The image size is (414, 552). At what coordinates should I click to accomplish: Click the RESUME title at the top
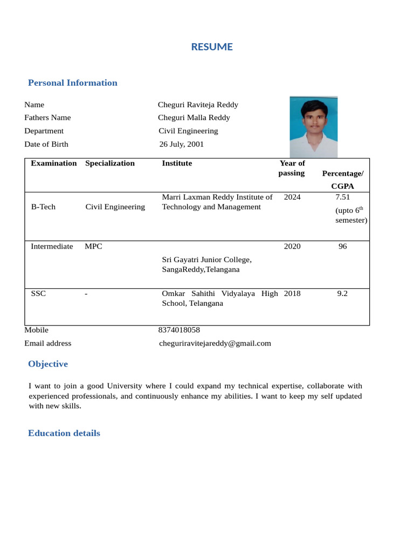pyautogui.click(x=212, y=47)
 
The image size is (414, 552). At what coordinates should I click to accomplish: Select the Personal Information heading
pyautogui.click(x=72, y=82)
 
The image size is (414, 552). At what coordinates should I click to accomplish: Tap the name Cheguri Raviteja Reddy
pyautogui.click(x=198, y=105)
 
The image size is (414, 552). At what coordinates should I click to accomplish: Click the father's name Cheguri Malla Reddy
pyautogui.click(x=194, y=118)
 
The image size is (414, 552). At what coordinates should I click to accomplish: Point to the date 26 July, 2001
pyautogui.click(x=181, y=144)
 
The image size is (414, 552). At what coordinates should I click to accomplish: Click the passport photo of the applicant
pyautogui.click(x=313, y=127)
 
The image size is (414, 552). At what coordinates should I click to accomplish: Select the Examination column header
pyautogui.click(x=53, y=163)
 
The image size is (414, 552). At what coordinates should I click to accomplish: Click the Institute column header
pyautogui.click(x=177, y=163)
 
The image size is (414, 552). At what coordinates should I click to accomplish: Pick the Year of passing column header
pyautogui.click(x=292, y=168)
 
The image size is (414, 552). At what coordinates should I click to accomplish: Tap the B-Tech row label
pyautogui.click(x=43, y=207)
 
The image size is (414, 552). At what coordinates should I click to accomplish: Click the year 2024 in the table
pyautogui.click(x=292, y=197)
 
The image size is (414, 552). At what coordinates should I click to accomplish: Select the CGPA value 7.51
pyautogui.click(x=342, y=197)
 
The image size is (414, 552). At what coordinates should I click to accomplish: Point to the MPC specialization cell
pyautogui.click(x=93, y=246)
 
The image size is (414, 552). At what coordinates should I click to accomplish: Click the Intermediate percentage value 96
pyautogui.click(x=342, y=246)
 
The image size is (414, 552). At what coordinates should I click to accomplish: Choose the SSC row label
pyautogui.click(x=38, y=294)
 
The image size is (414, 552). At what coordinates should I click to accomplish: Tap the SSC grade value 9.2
pyautogui.click(x=342, y=294)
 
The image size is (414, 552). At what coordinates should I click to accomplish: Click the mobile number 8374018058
pyautogui.click(x=179, y=330)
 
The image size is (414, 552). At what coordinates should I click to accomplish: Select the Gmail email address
pyautogui.click(x=215, y=343)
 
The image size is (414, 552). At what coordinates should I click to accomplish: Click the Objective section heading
pyautogui.click(x=48, y=364)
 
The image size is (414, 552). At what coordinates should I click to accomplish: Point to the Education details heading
pyautogui.click(x=64, y=433)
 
